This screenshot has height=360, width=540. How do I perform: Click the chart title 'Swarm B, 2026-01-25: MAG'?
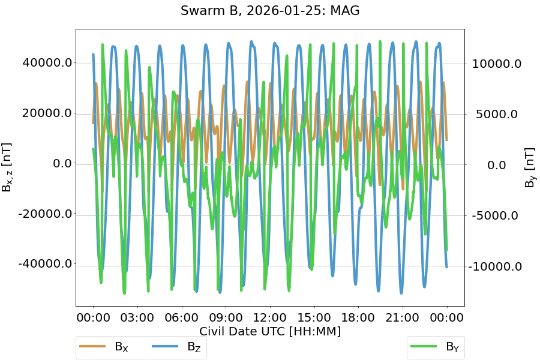[270, 11]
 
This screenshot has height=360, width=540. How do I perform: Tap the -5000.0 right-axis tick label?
[497, 215]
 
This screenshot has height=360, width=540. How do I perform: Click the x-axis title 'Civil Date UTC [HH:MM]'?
[270, 332]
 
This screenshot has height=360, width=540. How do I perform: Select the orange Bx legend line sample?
[92, 347]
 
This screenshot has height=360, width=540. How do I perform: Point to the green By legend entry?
[436, 347]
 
